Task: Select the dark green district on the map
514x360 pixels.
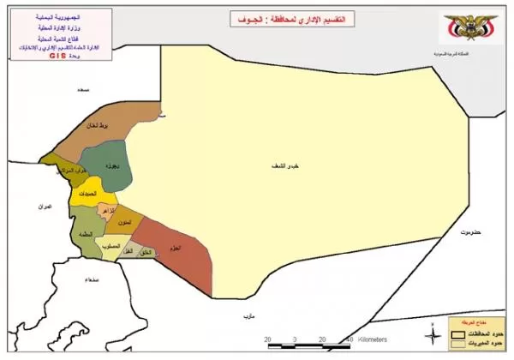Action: (x=117, y=167)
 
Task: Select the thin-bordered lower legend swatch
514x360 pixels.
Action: (x=461, y=344)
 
